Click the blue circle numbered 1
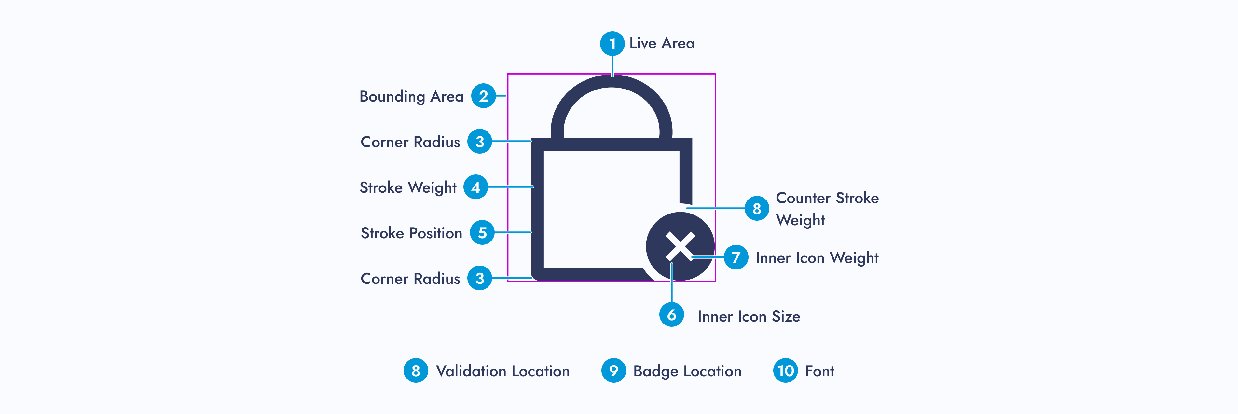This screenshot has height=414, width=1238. (612, 44)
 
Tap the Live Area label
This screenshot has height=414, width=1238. (662, 43)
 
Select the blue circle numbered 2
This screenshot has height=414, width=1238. (483, 96)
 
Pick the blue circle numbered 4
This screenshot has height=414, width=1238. (475, 187)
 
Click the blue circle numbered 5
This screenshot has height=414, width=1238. (482, 233)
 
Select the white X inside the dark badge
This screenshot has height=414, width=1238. (680, 246)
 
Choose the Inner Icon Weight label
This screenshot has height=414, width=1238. (817, 258)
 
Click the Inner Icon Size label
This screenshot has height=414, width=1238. (748, 316)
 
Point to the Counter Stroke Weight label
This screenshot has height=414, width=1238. (827, 209)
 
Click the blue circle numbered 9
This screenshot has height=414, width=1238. (613, 370)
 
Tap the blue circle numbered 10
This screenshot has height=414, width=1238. (785, 370)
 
